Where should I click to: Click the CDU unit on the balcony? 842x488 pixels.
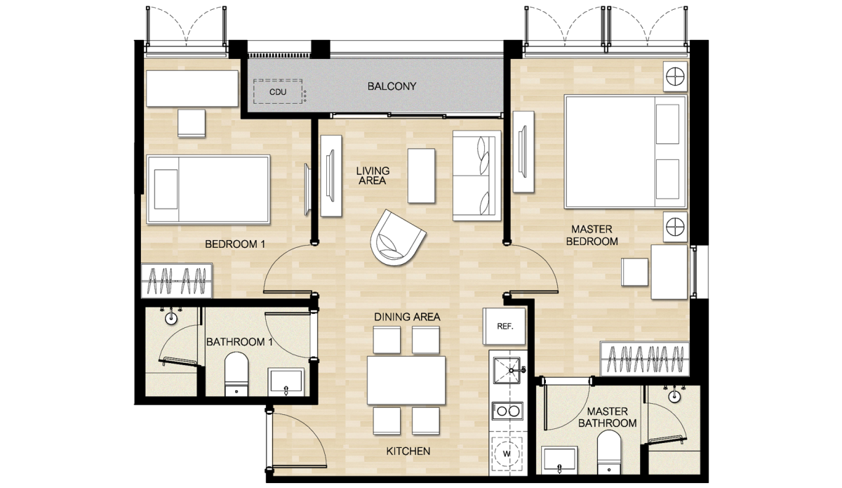[278, 91]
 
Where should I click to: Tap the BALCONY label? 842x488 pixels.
[392, 86]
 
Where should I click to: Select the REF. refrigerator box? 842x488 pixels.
[504, 327]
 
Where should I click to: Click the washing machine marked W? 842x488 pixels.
[507, 454]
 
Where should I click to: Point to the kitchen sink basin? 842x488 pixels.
[507, 371]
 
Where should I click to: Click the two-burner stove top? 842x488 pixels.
[507, 411]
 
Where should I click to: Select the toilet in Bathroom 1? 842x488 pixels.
[236, 374]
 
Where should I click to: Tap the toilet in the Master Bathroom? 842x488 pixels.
[609, 452]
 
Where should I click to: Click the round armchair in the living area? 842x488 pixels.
[397, 238]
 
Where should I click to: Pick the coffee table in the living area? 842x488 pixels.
[422, 176]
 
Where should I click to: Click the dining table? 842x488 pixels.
[406, 381]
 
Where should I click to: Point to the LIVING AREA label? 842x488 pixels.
[373, 176]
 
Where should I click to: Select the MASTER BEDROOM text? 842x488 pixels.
[592, 235]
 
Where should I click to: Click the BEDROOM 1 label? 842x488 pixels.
[235, 244]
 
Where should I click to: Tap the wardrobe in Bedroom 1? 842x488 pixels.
[177, 281]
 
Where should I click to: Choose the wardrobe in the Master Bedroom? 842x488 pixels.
[645, 359]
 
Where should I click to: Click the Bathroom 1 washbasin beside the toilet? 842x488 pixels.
[286, 382]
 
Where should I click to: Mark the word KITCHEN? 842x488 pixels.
[408, 451]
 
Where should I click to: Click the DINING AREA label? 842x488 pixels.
[407, 317]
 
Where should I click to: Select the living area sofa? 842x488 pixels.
[476, 176]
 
